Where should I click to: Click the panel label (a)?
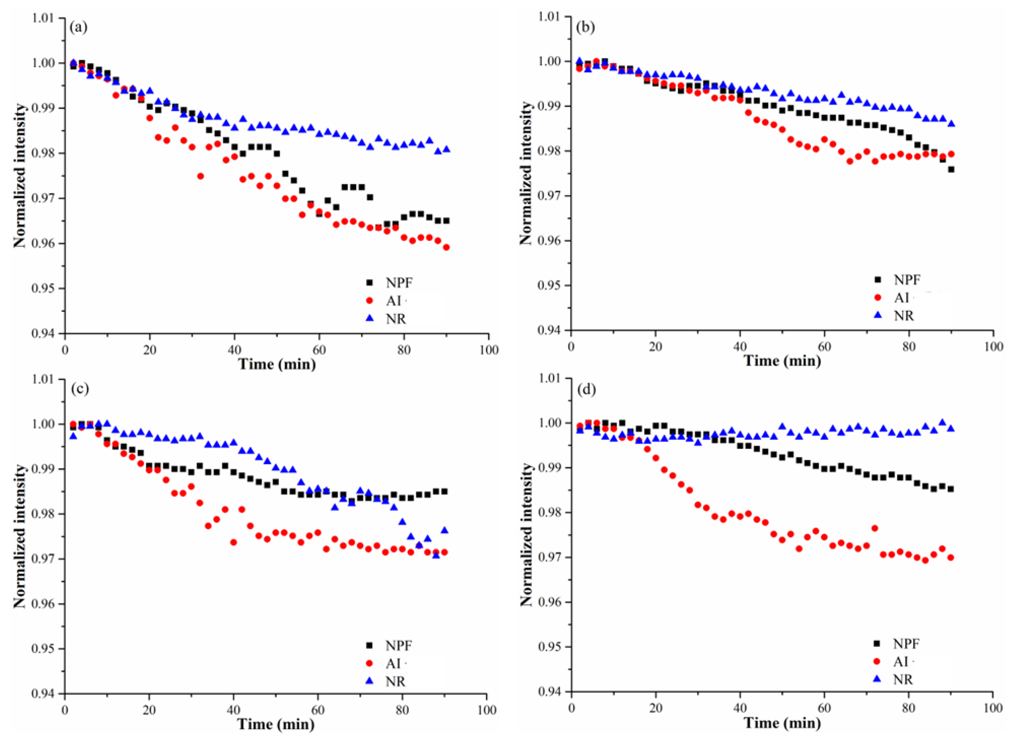(x=78, y=28)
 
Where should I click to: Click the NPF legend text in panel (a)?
(x=398, y=283)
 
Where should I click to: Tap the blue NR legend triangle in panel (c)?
(x=370, y=681)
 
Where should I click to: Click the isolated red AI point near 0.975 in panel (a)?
(x=200, y=176)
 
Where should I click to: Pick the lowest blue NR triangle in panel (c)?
(x=436, y=555)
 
